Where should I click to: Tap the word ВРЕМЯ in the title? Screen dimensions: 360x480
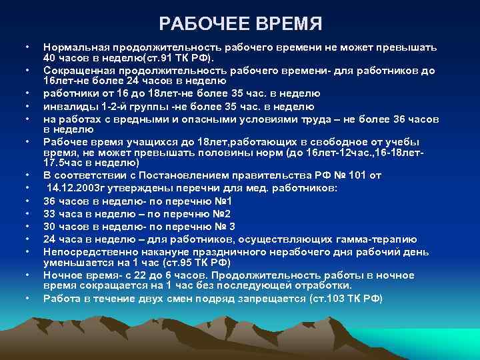(288, 25)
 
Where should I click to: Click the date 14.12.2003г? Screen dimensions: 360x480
(77, 188)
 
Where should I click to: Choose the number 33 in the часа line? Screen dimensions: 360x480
(50, 214)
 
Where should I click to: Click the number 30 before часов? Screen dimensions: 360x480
(50, 227)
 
